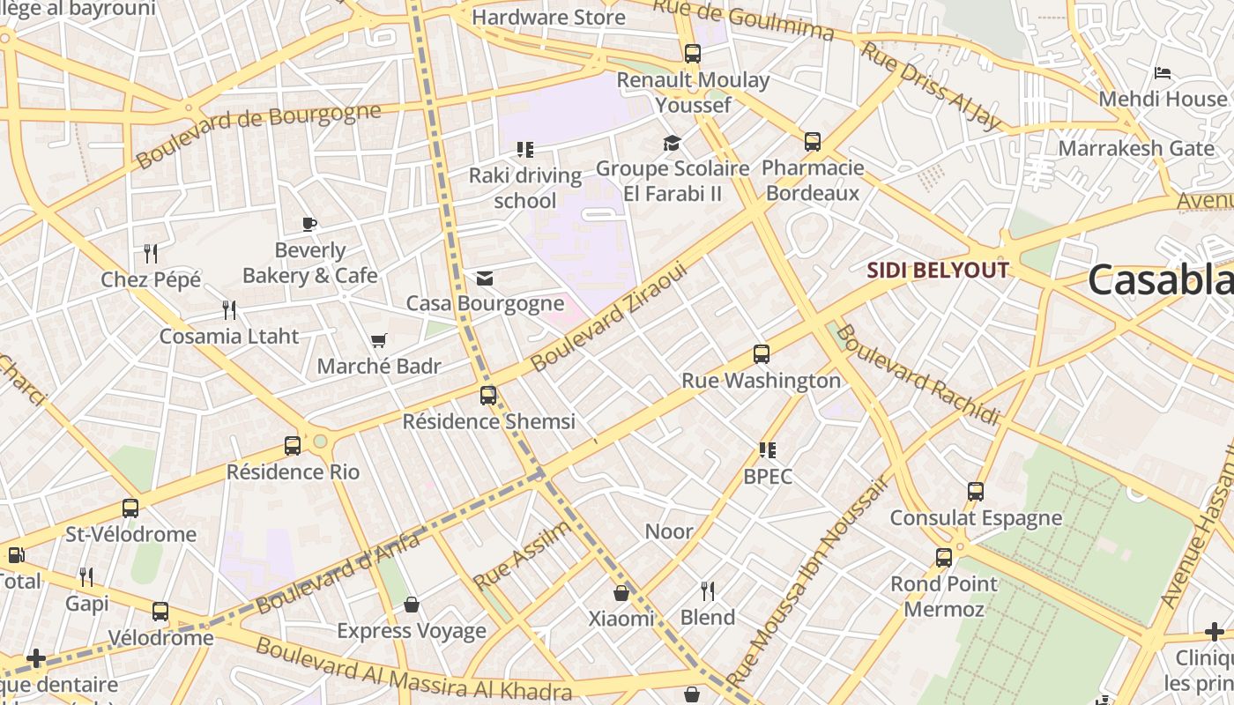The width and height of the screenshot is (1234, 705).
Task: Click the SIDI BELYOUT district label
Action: [x=937, y=270]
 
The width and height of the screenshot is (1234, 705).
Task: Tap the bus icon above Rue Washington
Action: [x=762, y=354]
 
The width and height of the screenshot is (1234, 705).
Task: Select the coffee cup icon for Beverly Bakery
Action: [x=309, y=224]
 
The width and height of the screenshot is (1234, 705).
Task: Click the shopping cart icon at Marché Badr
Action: [x=379, y=340]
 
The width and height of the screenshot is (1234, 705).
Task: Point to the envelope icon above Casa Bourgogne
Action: [x=484, y=278]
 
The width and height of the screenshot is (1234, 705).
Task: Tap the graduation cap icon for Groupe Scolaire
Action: [x=673, y=143]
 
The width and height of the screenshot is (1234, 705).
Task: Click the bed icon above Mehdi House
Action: [x=1163, y=73]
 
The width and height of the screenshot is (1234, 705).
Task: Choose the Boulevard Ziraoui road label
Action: [x=608, y=318]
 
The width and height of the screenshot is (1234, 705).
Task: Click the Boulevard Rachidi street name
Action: [x=918, y=375]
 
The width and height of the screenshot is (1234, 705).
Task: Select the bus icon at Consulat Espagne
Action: [x=976, y=492]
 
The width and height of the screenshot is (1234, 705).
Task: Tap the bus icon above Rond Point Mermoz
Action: [x=944, y=558]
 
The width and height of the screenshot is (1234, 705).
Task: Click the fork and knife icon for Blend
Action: [x=708, y=590]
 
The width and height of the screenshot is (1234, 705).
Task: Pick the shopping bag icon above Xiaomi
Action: [x=621, y=592]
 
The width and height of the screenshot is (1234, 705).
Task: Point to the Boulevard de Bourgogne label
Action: [x=258, y=135]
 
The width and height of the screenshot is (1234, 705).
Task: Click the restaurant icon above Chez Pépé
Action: [x=151, y=254]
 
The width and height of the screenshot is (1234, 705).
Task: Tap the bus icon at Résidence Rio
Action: [x=293, y=446]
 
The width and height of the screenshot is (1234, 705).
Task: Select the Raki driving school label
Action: [x=524, y=188]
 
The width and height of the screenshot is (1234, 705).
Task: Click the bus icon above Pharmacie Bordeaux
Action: [x=813, y=142]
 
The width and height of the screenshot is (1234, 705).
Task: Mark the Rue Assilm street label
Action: [x=522, y=556]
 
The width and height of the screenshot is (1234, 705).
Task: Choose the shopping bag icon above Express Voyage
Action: [x=411, y=605]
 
